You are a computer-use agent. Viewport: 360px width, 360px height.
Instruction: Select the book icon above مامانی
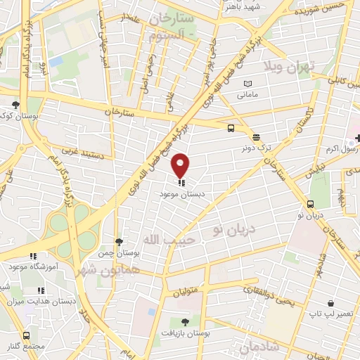click(247, 84)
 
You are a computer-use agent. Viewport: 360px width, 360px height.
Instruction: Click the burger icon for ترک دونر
click(256, 137)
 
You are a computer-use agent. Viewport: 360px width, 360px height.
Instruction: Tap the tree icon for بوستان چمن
click(120, 242)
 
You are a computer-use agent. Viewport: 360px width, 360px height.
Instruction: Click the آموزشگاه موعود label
click(27, 266)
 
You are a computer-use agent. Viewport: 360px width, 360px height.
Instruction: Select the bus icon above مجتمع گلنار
click(27, 335)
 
